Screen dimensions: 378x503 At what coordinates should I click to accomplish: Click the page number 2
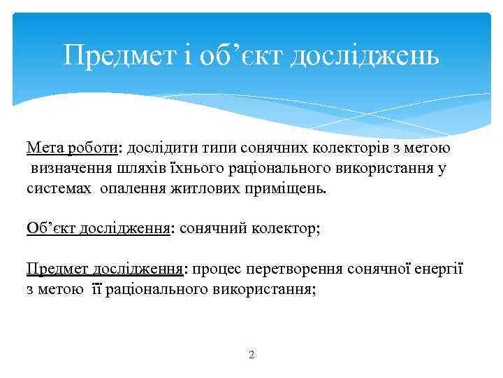coord(251,355)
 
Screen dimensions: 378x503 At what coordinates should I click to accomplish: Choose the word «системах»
coord(59,189)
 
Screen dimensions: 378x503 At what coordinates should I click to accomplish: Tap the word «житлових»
coord(203,189)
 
